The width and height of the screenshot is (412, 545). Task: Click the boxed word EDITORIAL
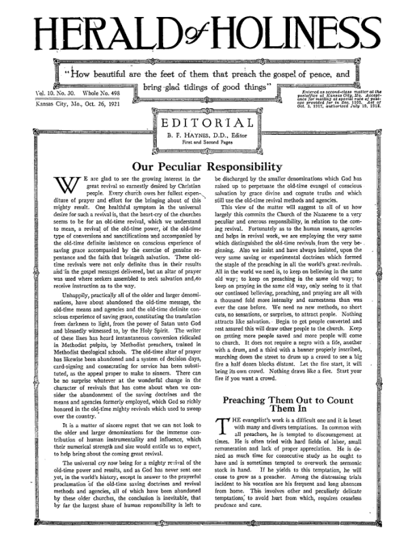coord(205,123)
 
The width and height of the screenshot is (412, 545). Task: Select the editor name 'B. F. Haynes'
coord(188,136)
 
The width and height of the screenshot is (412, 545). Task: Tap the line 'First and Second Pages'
coord(205,144)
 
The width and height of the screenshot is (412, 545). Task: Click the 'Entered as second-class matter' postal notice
coord(348,95)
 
